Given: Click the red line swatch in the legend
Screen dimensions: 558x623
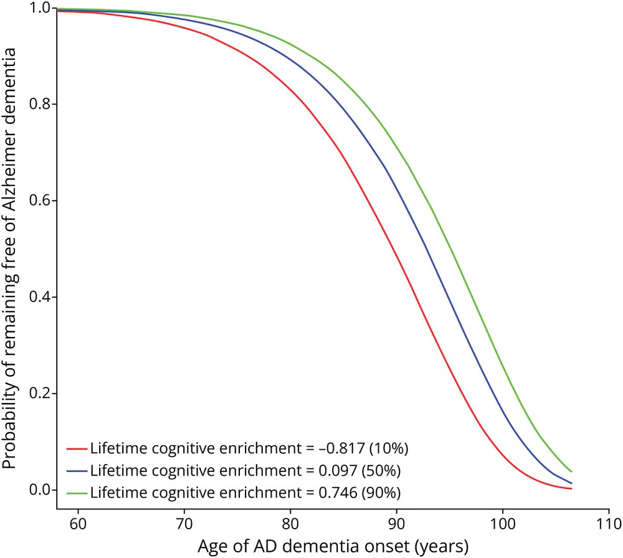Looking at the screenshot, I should pos(76,448).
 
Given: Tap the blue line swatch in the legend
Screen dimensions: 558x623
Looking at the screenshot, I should pos(76,470).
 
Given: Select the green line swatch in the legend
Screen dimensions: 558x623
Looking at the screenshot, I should pos(76,492).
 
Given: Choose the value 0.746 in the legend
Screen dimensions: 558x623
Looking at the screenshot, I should pos(335,492).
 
